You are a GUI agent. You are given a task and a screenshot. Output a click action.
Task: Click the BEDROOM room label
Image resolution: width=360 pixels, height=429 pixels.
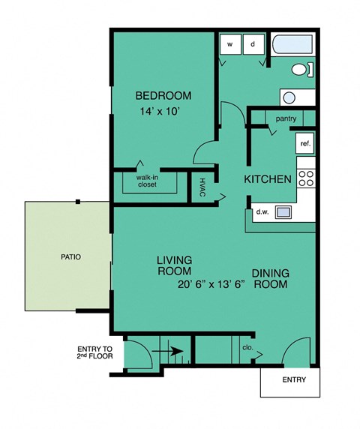coord(163,96)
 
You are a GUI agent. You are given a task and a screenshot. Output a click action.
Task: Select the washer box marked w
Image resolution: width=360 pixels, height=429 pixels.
coord(231,44)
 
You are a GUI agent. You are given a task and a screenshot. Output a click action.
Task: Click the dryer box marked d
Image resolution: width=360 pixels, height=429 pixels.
coord(253,44)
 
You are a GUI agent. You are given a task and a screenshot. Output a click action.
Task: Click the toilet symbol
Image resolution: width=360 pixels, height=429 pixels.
coord(301,70)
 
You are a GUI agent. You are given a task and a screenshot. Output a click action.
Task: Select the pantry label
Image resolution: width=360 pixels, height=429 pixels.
coord(286,118)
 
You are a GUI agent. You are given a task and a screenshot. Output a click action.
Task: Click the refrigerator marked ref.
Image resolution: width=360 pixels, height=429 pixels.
coord(305,142)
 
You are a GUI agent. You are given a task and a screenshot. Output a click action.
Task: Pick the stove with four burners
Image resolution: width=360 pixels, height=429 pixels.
coord(306,178)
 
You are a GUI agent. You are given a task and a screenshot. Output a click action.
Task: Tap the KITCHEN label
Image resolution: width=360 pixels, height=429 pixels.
coord(268,180)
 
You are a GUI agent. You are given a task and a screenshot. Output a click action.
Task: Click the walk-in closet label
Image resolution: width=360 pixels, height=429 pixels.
coord(147,181)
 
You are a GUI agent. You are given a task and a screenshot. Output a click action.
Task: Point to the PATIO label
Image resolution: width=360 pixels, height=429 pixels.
coord(71,256)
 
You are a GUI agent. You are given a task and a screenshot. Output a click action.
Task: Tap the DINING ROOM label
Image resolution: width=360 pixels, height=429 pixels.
coord(271,279)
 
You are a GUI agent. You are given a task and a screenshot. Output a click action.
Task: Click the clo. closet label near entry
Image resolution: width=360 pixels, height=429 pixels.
coord(247,348)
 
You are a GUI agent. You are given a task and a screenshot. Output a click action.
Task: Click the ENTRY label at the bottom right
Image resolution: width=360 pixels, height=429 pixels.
coord(294,380)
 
